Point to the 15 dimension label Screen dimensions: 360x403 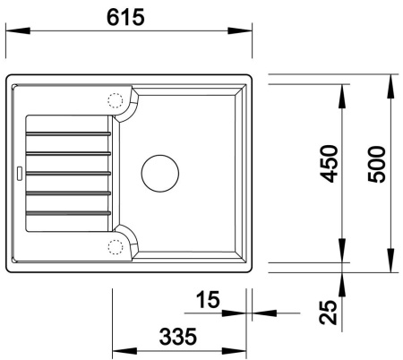pyautogui.click(x=207, y=300)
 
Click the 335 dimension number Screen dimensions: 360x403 pyautogui.click(x=179, y=337)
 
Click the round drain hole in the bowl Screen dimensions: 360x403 pyautogui.click(x=160, y=170)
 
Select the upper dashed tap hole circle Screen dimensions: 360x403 pyautogui.click(x=115, y=101)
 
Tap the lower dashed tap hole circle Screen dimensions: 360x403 pyautogui.click(x=115, y=245)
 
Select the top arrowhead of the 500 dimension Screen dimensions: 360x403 pyautogui.click(x=392, y=82)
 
